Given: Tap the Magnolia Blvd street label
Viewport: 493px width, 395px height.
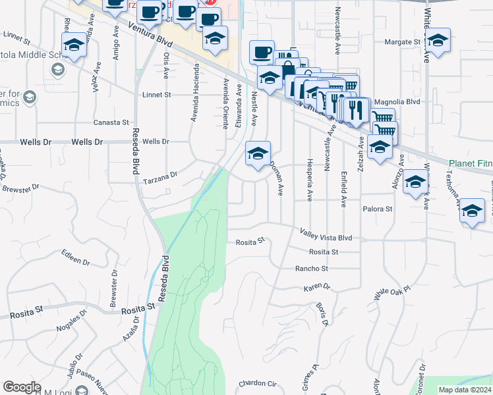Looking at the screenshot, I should coord(396,102).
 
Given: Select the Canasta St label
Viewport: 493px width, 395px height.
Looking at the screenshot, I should coord(111,122).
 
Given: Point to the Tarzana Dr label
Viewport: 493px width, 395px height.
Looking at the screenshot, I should coord(160,176).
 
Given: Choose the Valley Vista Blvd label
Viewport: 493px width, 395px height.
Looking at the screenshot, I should coord(326,234).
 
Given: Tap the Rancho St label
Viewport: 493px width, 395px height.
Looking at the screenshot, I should coord(311,269).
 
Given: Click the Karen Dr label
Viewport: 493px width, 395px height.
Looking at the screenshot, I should coord(316,288).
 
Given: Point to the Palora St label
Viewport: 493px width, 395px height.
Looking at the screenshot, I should coord(378,209).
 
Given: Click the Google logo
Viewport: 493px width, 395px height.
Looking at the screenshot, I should coord(22,387).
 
